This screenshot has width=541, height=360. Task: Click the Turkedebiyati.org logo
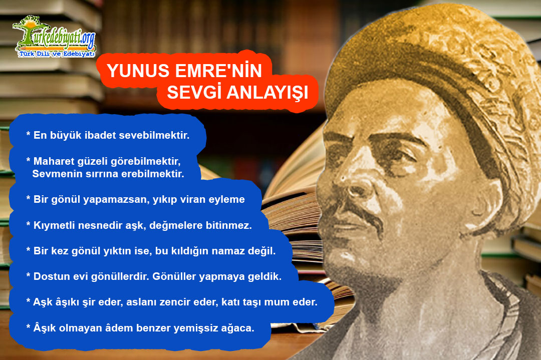[x=54, y=37]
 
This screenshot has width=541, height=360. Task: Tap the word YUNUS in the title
[x=138, y=71]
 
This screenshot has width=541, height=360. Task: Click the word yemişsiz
[x=194, y=328]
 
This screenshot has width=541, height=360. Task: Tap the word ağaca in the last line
[x=235, y=328]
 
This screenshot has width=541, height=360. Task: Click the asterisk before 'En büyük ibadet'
[x=28, y=134]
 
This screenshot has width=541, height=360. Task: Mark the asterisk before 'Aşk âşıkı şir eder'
[x=28, y=300]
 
